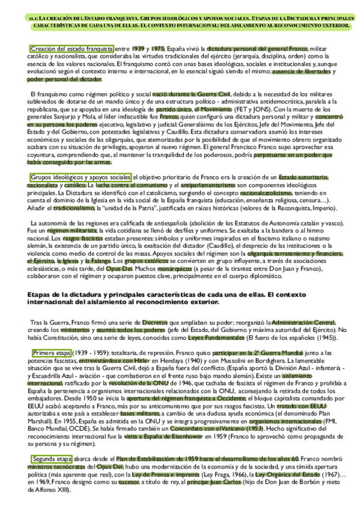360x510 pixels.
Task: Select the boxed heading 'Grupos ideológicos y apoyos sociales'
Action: tap(80, 177)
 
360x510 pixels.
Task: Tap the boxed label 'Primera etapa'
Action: tap(52, 351)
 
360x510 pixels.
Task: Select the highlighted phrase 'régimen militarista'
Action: tap(69, 231)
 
